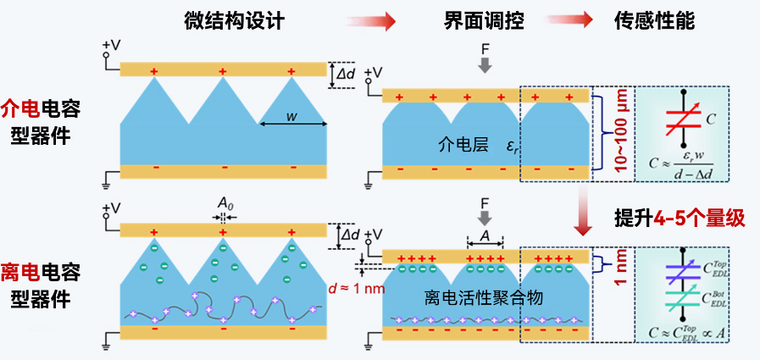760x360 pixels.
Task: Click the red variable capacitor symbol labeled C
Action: (x=683, y=119)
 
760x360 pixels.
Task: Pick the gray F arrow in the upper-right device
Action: (x=484, y=64)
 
